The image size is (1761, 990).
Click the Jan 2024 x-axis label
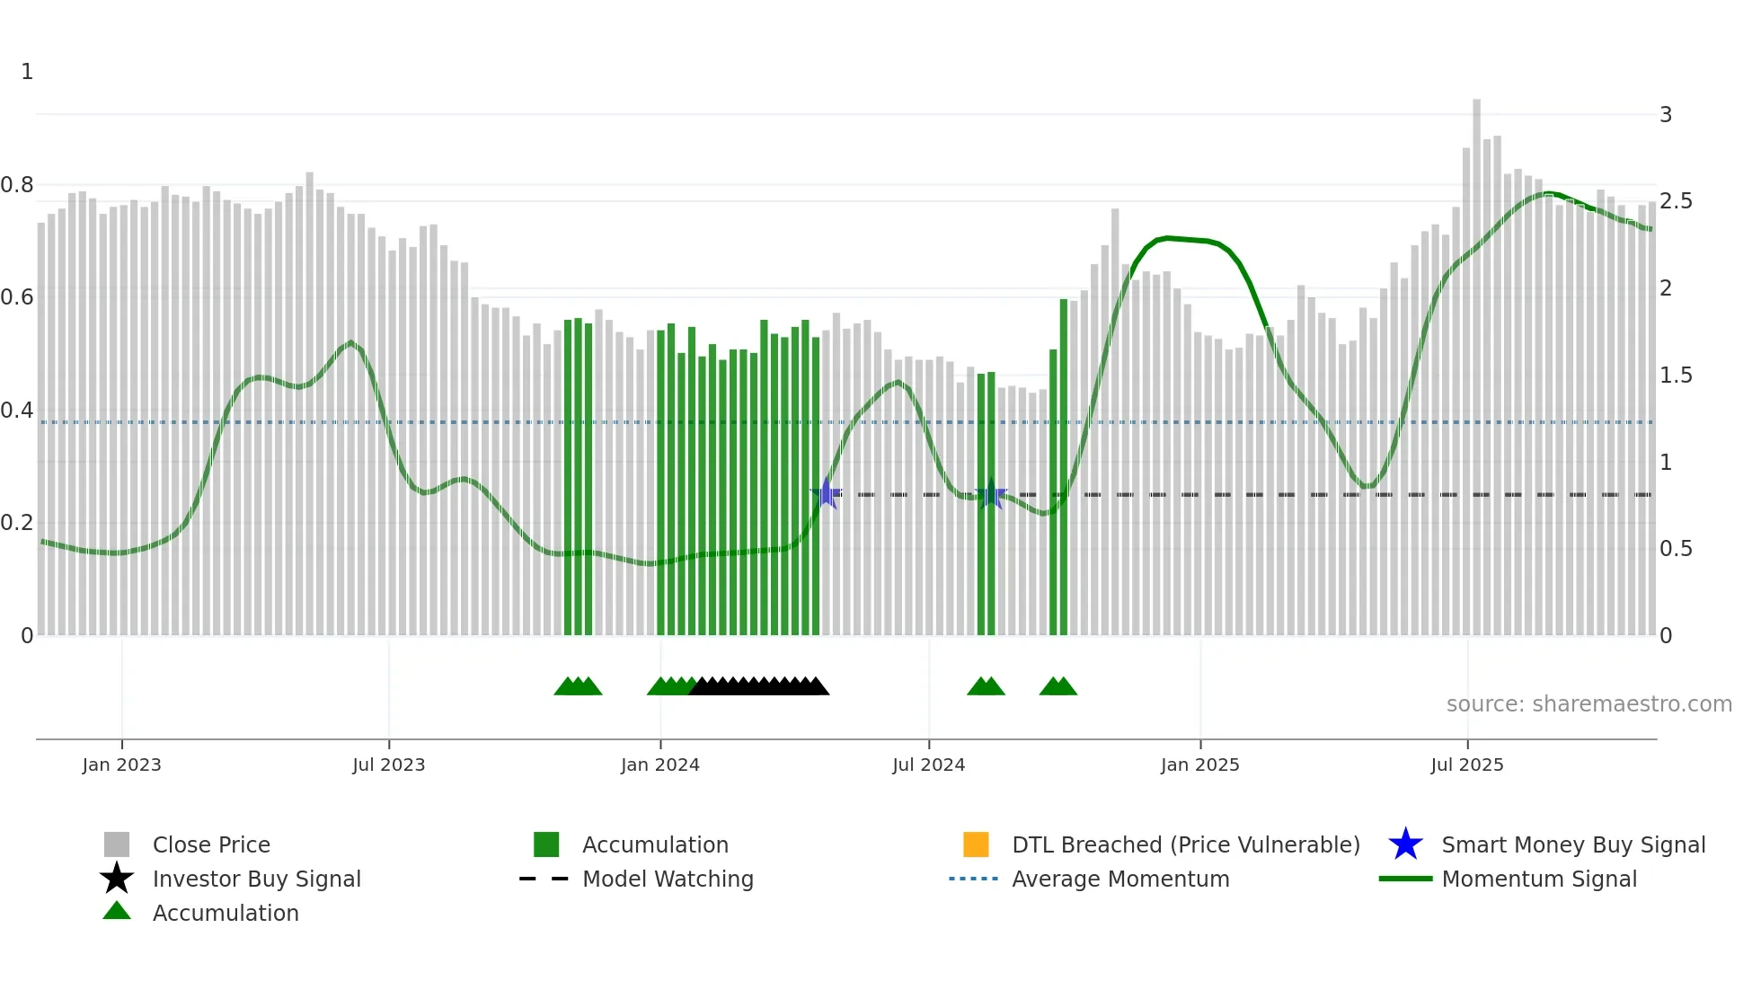659,765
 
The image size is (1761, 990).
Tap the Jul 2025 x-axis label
1466,765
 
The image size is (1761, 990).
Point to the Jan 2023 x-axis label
121,765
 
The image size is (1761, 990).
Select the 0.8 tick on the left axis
17,185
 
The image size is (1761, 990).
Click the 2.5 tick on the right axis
1676,201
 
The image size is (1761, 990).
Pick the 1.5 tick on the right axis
1676,376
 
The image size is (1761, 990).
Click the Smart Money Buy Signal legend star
1405,844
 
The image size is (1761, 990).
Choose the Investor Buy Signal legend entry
256,879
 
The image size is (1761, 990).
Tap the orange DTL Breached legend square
976,844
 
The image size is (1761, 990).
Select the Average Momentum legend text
1120,879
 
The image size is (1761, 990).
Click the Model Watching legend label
668,879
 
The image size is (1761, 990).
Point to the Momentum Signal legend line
1405,879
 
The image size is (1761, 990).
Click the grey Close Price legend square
117,844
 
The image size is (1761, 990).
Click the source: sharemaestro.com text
1588,704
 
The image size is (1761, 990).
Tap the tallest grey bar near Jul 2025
1476,359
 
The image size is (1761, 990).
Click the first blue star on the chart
826,494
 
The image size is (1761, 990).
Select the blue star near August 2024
990,494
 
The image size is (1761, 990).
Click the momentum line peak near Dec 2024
1166,238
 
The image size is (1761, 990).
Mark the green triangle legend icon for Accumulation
117,911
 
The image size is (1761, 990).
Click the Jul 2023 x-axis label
388,765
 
